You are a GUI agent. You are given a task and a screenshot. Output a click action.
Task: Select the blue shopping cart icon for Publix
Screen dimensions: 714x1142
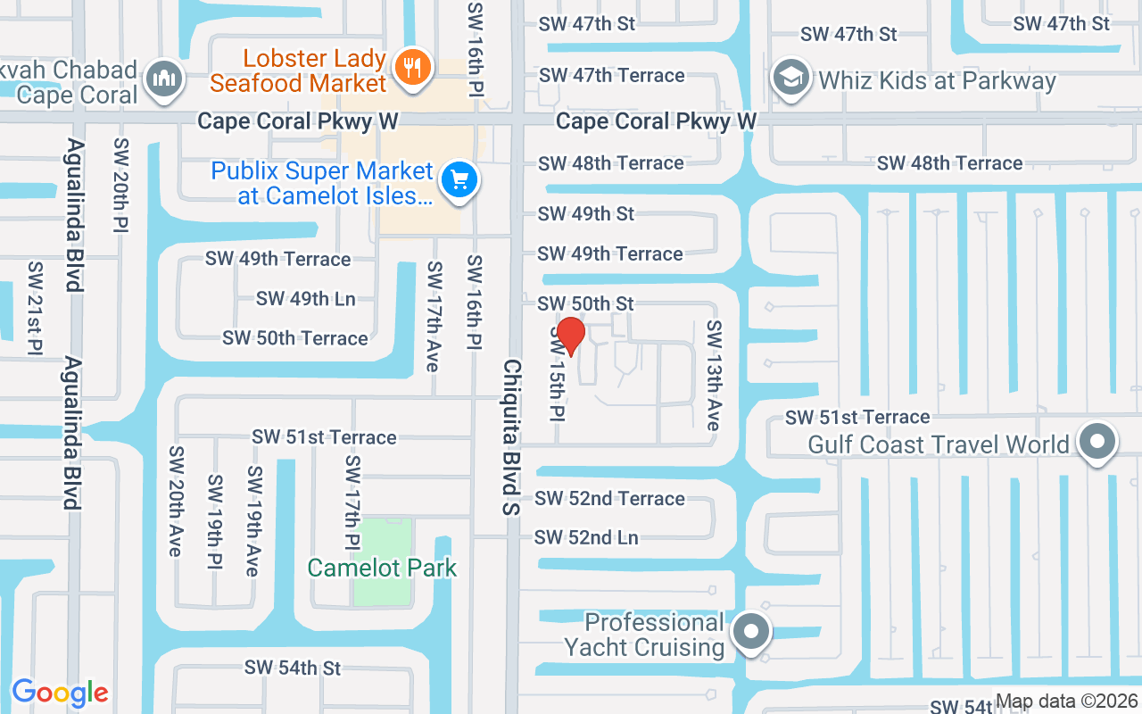459,180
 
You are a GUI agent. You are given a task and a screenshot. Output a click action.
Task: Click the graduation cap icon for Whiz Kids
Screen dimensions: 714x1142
790,78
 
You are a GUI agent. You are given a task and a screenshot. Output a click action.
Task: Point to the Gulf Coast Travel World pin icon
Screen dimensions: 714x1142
1097,442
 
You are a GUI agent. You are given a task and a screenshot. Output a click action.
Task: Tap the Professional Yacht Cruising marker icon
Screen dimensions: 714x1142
750,632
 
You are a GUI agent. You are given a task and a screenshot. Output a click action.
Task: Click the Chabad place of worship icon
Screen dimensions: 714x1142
163,79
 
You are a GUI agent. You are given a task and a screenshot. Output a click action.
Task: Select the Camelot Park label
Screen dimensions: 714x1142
382,568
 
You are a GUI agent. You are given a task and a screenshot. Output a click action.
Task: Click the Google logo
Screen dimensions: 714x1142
60,693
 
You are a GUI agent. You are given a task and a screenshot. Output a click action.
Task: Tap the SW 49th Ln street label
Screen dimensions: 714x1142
305,298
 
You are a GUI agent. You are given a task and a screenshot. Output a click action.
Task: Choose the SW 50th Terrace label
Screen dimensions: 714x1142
295,338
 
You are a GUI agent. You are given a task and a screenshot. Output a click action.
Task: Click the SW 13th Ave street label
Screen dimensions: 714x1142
713,376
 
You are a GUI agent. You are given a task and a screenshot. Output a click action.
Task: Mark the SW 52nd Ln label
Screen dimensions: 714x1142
586,537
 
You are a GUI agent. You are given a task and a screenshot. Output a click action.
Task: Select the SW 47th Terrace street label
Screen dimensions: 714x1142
611,75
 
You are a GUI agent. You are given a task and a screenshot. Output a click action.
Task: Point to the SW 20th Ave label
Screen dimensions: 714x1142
175,502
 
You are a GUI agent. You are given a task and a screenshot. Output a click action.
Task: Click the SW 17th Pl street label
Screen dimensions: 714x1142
352,502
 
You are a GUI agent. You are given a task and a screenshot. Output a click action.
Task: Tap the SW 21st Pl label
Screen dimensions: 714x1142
36,306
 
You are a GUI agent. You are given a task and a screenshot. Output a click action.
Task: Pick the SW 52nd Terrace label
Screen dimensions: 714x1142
609,498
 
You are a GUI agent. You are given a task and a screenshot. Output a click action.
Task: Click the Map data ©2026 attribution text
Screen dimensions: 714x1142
1066,702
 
